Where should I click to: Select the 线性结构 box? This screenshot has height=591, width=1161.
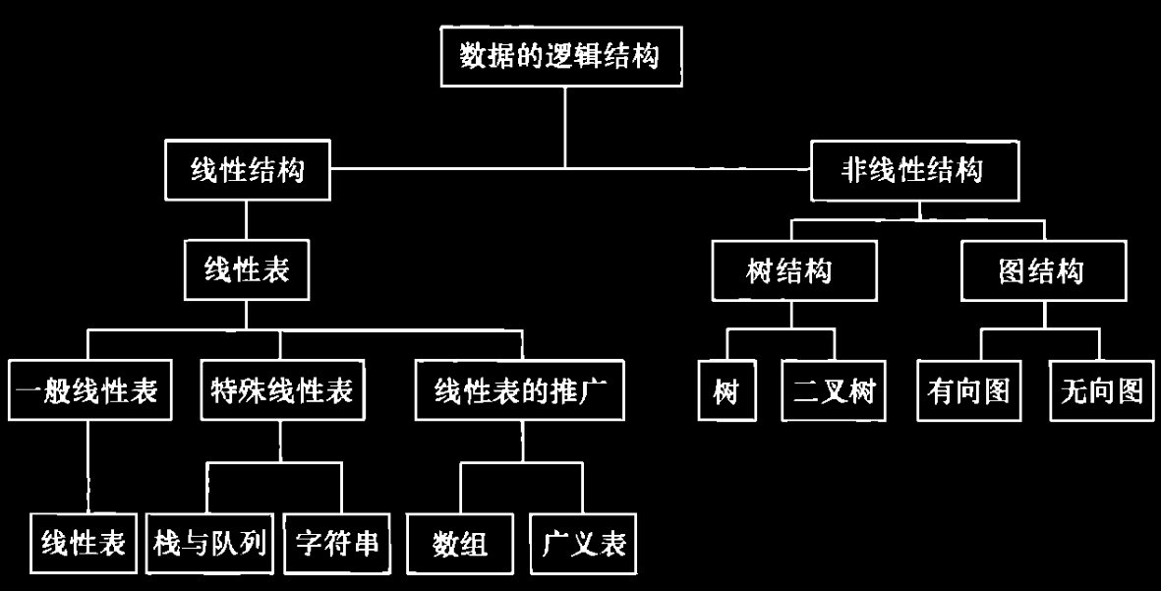[246, 170]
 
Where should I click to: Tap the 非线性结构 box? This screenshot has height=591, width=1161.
[914, 170]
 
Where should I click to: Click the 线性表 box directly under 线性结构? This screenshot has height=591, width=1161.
[246, 270]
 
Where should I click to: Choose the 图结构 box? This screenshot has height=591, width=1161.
[1041, 270]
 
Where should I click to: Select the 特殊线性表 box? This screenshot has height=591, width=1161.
[282, 392]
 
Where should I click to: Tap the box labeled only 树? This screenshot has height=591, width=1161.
[727, 392]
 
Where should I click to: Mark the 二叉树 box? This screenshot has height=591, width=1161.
[834, 392]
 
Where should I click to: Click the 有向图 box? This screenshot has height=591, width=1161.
[968, 392]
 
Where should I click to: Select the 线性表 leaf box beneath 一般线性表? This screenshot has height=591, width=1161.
[84, 543]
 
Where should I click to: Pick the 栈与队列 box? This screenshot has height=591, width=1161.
[210, 543]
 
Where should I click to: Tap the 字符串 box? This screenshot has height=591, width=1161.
[336, 543]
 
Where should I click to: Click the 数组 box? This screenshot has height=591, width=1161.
[461, 543]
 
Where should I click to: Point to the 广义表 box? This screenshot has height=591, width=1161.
[584, 543]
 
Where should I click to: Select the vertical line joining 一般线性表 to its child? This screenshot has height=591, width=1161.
[87, 467]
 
